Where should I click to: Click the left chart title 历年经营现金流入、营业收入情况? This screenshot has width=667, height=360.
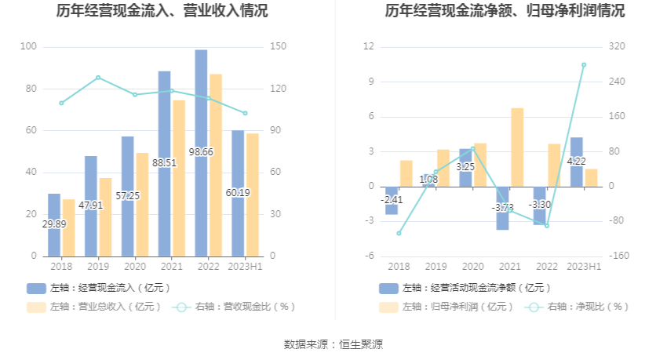click(162, 12)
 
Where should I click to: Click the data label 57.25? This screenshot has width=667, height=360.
click(128, 195)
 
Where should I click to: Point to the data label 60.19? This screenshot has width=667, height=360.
click(238, 192)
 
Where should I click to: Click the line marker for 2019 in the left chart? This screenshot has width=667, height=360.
click(98, 78)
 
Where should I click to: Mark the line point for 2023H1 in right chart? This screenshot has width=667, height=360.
click(584, 65)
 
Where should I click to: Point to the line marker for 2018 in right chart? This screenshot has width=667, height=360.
click(399, 233)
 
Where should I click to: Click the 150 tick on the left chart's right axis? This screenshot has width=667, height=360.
click(277, 47)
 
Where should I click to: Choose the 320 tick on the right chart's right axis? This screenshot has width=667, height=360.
click(616, 47)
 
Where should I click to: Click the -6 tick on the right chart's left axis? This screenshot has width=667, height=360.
click(368, 256)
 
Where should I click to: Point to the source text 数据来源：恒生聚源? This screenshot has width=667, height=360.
click(333, 344)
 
